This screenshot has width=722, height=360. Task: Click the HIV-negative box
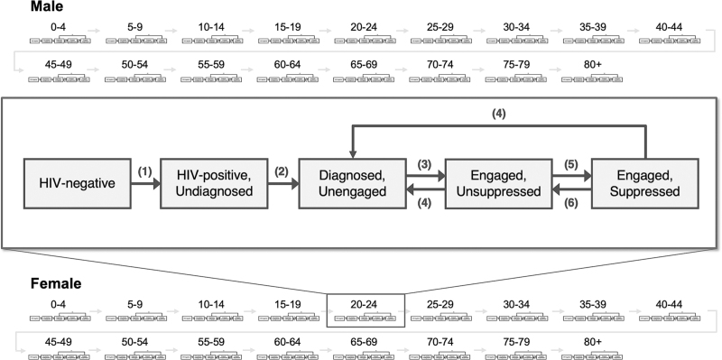point(77,184)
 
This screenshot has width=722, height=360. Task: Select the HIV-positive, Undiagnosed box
point(214,184)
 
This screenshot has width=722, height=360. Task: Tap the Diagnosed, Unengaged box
point(352,184)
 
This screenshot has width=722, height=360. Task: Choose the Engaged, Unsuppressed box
point(498,184)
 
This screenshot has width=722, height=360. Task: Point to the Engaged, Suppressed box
point(644,184)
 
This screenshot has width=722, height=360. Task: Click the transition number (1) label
point(145,171)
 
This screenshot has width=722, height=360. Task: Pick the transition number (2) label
point(282,171)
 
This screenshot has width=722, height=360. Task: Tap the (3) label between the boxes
point(424,164)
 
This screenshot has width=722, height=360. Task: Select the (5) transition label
point(571,164)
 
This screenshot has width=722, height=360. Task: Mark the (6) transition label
point(571,203)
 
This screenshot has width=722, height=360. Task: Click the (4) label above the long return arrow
point(499,114)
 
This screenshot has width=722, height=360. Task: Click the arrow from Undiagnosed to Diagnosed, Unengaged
point(283,184)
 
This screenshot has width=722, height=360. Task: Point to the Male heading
point(47,6)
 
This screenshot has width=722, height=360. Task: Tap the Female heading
point(56,283)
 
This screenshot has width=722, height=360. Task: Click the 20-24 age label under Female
point(364,305)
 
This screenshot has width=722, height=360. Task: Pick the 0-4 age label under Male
point(59,27)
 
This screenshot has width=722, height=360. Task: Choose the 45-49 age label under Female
point(59,342)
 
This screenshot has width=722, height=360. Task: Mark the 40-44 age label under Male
point(669,27)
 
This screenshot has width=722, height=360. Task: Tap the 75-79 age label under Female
point(516,342)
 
